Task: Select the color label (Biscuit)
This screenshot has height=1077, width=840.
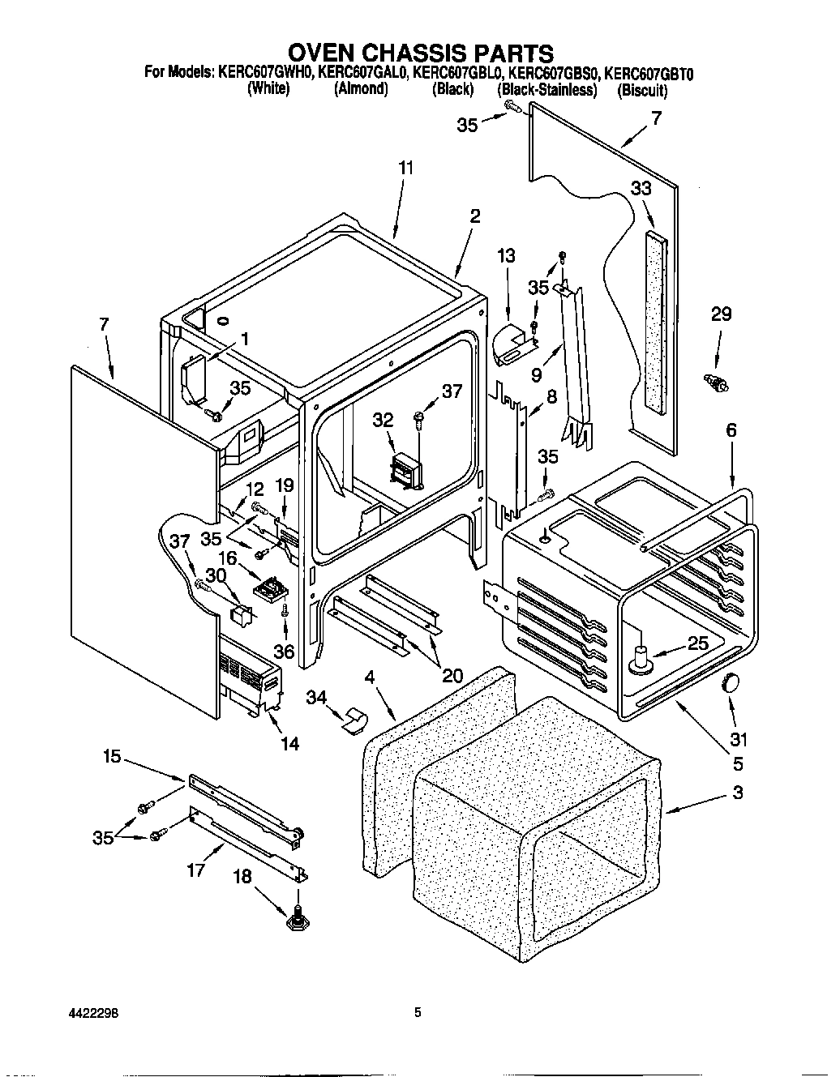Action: click(642, 90)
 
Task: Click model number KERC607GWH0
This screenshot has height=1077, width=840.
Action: click(266, 73)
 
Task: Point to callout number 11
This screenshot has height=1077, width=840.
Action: click(406, 169)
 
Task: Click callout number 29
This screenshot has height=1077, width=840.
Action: click(720, 314)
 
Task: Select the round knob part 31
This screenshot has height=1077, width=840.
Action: click(732, 682)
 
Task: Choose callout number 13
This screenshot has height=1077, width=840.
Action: click(506, 256)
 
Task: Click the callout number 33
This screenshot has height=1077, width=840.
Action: click(641, 188)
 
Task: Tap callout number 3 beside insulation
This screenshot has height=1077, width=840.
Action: click(737, 793)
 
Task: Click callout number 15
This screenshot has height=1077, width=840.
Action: click(112, 756)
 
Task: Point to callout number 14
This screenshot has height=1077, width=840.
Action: click(289, 742)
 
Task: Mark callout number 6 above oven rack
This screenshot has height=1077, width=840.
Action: click(731, 430)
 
